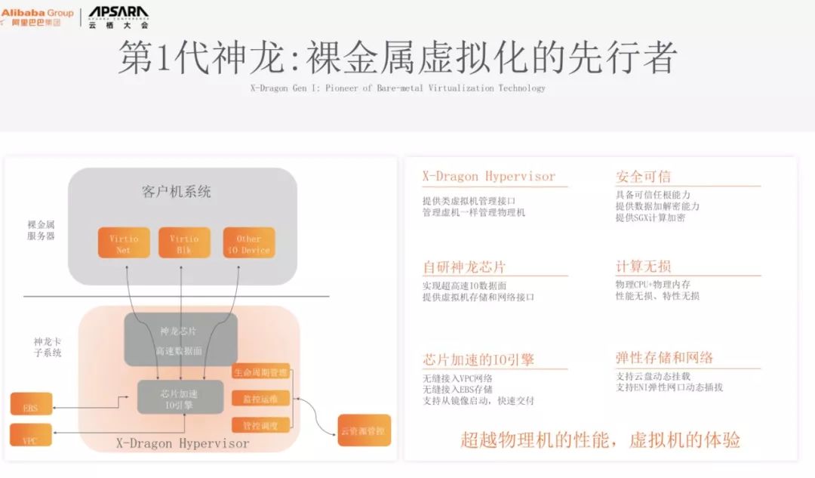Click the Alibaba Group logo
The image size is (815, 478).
click(x=38, y=17)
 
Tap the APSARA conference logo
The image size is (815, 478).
click(x=118, y=16)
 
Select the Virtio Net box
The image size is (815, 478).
click(x=124, y=243)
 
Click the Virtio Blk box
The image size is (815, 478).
click(x=184, y=243)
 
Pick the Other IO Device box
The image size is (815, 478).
click(x=249, y=243)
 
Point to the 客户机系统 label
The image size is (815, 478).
click(x=177, y=192)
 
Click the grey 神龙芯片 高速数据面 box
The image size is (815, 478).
click(x=180, y=340)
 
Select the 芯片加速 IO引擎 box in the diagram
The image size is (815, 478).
click(x=180, y=397)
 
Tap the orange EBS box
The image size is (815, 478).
click(x=31, y=408)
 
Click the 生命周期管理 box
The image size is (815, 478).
click(x=260, y=372)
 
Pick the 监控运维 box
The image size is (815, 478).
click(x=260, y=399)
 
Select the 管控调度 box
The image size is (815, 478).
click(x=260, y=425)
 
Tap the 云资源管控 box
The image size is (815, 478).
click(x=364, y=430)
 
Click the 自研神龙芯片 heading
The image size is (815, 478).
click(x=464, y=267)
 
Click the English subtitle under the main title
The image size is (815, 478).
click(x=398, y=88)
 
